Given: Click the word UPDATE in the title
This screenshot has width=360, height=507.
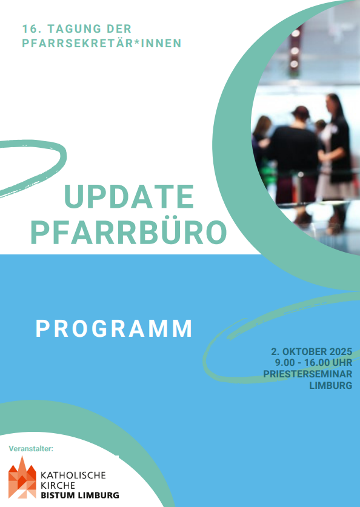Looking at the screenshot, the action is pos(129,197).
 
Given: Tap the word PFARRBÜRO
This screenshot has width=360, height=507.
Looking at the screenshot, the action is pos(128,233).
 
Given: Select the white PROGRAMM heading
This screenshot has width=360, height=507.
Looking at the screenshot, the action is pos(114,329).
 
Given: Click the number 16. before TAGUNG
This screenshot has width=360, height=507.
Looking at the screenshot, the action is pos(31,29).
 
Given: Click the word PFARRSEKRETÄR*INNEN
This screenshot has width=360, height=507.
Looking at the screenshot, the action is pos(102,43).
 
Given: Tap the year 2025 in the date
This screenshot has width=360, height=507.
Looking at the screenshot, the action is pos(341,351).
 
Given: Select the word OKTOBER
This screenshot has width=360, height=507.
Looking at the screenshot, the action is pos(305,351).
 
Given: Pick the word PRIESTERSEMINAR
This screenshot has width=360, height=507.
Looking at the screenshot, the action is pos(308,374).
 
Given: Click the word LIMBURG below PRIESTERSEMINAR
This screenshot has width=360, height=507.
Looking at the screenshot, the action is pos(330,385).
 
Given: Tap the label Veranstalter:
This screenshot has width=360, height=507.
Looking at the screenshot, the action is pos(31,449).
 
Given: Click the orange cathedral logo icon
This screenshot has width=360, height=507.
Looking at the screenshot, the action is pos(22,477).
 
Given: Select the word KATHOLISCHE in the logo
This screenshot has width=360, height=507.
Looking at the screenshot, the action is pos(73,475).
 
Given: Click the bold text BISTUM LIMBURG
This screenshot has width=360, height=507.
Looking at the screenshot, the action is pos(80,495).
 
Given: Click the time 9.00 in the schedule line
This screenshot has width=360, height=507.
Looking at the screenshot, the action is pos(285,362).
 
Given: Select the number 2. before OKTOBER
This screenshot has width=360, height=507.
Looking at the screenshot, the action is pos(276,351).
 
